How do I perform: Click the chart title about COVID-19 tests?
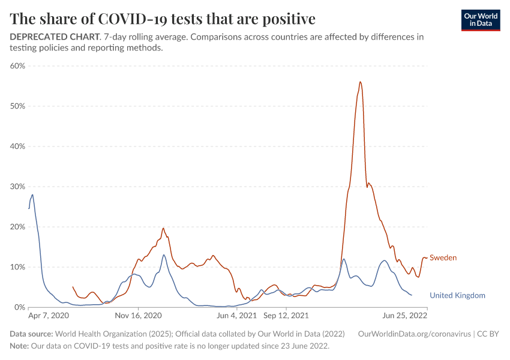click(163, 19)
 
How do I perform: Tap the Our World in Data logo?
click(480, 19)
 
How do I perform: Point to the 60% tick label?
click(17, 66)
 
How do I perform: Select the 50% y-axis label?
click(17, 106)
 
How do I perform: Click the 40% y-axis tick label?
click(17, 146)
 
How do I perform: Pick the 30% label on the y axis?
click(17, 187)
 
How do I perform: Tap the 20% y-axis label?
click(17, 227)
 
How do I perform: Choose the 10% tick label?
click(17, 267)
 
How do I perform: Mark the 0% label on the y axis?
click(19, 307)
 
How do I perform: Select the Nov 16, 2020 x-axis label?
click(139, 315)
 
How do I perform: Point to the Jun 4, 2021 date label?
click(237, 315)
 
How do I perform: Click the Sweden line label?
click(443, 258)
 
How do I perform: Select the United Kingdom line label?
click(457, 295)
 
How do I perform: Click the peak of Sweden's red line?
click(360, 82)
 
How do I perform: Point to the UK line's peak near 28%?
click(32, 194)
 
